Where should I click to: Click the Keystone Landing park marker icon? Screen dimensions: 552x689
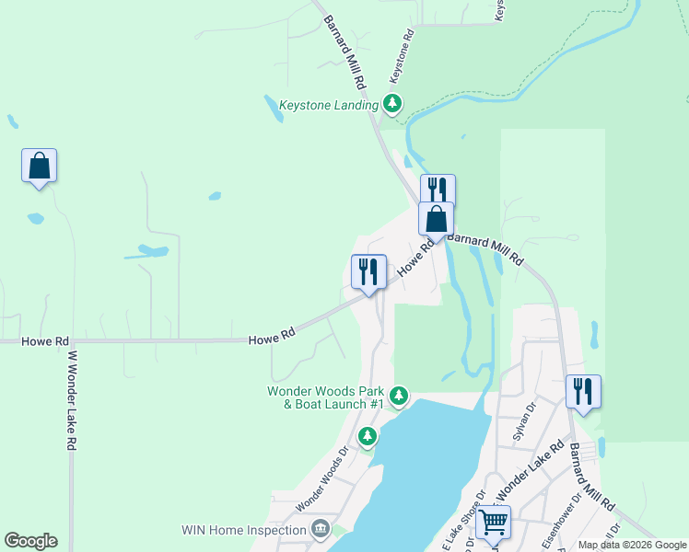(393, 103)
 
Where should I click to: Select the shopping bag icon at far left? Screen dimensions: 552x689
(39, 167)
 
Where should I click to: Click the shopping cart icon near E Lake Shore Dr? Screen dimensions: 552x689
(494, 523)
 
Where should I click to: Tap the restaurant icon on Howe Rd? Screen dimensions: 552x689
(368, 271)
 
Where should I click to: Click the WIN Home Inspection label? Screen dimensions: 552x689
(244, 530)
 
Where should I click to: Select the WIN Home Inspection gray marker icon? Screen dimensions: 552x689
(321, 529)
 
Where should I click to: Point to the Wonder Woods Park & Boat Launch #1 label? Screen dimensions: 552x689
(325, 397)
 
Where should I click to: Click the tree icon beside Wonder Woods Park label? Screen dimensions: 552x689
(399, 397)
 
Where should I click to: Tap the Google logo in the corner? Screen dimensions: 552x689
(30, 541)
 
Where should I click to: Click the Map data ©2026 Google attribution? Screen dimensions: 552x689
(631, 545)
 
